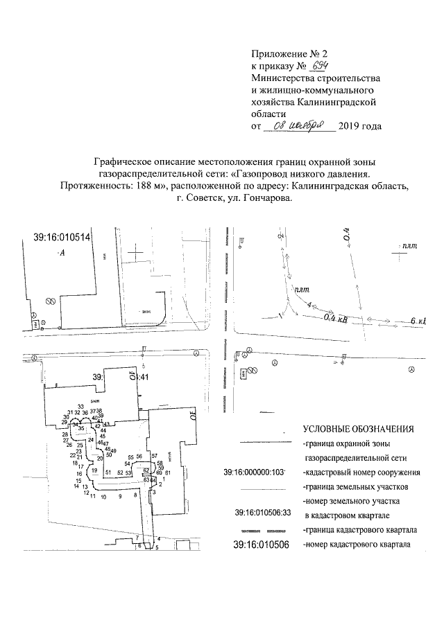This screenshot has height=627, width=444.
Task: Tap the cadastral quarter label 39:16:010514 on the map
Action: pos(62,238)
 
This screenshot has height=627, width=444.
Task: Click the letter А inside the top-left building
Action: pos(62,254)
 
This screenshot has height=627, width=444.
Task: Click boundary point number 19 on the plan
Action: pos(94,470)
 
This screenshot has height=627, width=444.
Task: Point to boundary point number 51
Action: pos(108,473)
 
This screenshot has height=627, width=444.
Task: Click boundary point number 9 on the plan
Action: pos(119,497)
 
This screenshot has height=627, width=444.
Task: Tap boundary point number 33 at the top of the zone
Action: pos(80,407)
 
